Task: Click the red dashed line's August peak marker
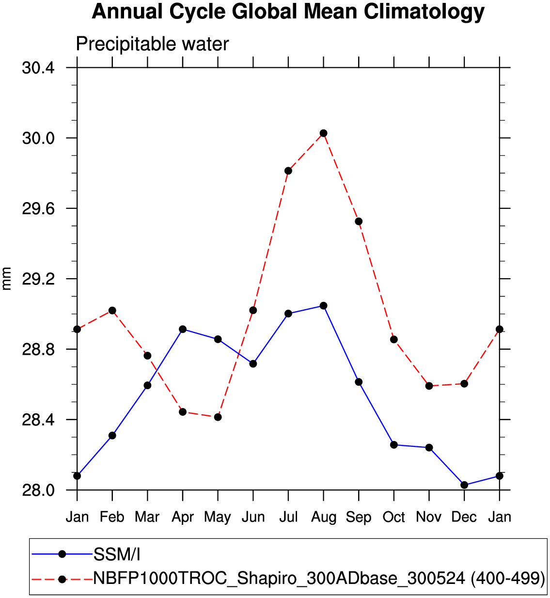323,133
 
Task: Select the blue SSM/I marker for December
464,485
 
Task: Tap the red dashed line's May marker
218,417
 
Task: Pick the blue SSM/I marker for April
183,329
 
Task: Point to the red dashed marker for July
288,171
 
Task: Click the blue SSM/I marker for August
323,306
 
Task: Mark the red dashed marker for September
359,221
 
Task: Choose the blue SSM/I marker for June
253,363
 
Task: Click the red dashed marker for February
112,310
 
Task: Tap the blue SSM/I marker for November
429,447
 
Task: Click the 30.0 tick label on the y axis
38,139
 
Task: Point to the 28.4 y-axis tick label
38,420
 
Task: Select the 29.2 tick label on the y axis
38,279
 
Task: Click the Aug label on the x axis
323,518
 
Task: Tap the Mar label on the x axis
147,517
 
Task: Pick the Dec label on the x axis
464,517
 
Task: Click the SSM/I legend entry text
117,554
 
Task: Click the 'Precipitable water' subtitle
152,45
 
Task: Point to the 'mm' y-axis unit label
7,278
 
